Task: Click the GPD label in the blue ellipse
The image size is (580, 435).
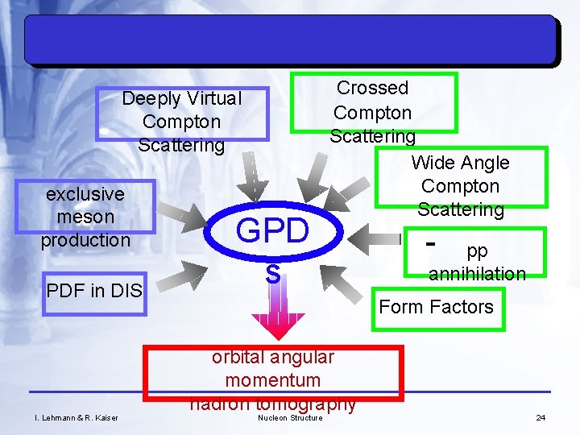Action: (x=272, y=230)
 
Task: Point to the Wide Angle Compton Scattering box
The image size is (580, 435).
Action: (x=460, y=186)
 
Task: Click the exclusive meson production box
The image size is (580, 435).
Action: (x=85, y=217)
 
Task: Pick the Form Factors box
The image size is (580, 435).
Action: (x=436, y=307)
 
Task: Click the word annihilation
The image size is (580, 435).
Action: (x=477, y=274)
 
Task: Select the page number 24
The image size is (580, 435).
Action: (x=541, y=417)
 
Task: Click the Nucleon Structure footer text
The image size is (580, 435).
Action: (x=290, y=417)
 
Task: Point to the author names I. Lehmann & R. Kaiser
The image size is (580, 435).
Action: (x=77, y=417)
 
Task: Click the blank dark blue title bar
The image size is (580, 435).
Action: (x=290, y=40)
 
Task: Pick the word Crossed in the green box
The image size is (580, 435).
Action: (x=373, y=88)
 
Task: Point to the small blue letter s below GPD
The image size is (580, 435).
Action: (x=273, y=275)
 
